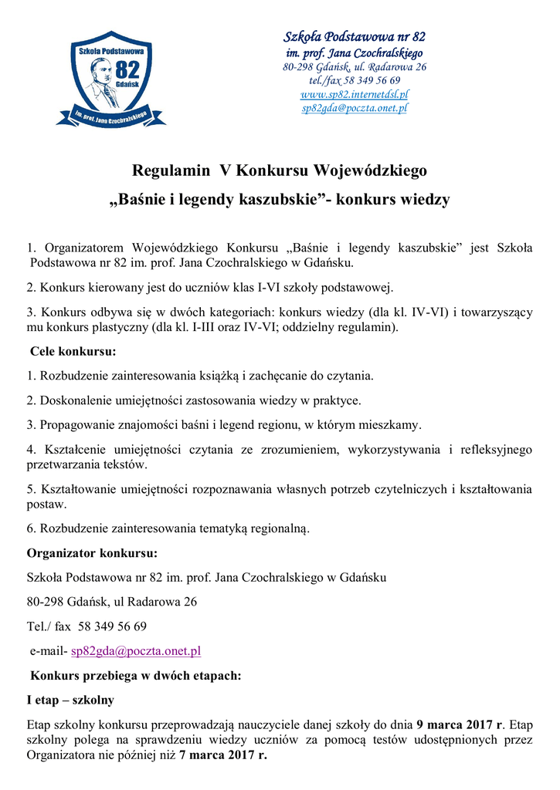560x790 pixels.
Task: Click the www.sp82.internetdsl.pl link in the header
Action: click(x=355, y=94)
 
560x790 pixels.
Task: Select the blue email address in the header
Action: click(x=355, y=108)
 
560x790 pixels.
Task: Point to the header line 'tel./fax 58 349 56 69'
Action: click(x=355, y=80)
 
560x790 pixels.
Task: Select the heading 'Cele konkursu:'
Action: click(x=73, y=352)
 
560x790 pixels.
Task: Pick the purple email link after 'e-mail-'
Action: click(x=136, y=651)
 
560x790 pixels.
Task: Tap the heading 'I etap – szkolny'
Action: click(x=70, y=700)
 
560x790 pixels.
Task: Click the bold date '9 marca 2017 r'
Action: click(x=459, y=724)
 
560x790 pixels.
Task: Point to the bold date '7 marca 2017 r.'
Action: click(x=222, y=755)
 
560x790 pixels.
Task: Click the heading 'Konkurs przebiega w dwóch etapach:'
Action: click(x=136, y=676)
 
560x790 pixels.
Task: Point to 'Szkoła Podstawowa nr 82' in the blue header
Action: click(x=355, y=37)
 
